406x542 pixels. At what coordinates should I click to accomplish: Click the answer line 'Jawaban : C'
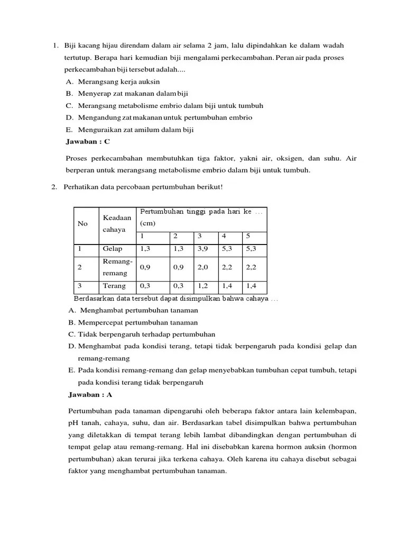[x=88, y=142]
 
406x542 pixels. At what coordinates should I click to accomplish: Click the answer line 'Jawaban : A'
[x=90, y=395]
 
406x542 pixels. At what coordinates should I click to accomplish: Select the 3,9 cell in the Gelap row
[x=204, y=248]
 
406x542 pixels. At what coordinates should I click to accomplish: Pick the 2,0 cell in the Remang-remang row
[x=204, y=267]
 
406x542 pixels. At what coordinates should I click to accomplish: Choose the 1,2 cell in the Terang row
[x=204, y=286]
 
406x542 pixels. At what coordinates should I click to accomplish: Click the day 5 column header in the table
[x=248, y=236]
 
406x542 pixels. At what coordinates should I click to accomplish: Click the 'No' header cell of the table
[x=82, y=223]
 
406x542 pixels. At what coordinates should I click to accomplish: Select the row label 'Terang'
[x=114, y=286]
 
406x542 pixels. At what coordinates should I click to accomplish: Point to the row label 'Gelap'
[x=113, y=248]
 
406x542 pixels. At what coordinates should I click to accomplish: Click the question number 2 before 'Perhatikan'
[x=55, y=187]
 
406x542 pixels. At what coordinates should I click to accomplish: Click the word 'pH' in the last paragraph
[x=73, y=423]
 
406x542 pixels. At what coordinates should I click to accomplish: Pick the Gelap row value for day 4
[x=227, y=248]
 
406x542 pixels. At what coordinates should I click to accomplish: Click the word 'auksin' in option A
[x=148, y=82]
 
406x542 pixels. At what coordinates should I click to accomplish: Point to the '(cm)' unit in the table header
[x=147, y=223]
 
